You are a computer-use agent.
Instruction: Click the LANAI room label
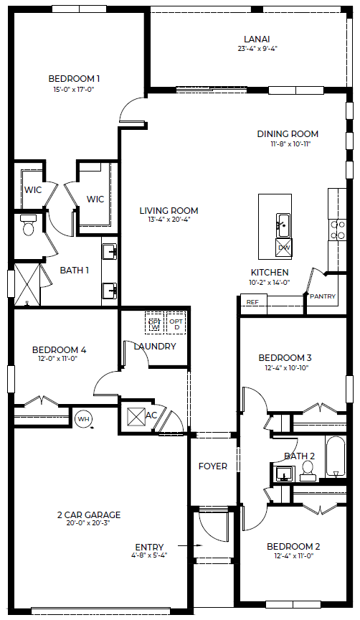pyautogui.click(x=257, y=39)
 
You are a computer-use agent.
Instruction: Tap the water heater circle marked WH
pyautogui.click(x=83, y=419)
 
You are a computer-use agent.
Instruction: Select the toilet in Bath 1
pyautogui.click(x=29, y=225)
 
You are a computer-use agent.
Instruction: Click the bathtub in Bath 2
pyautogui.click(x=335, y=456)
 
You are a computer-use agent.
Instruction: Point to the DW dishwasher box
pyautogui.click(x=284, y=248)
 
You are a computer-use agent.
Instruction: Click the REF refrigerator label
pyautogui.click(x=252, y=302)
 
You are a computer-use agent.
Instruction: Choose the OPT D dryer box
pyautogui.click(x=176, y=324)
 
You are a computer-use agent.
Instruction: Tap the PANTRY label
pyautogui.click(x=323, y=296)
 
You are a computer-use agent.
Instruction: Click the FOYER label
pyautogui.click(x=212, y=466)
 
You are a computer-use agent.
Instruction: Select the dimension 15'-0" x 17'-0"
pyautogui.click(x=74, y=90)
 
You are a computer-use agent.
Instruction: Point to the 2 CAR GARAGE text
pyautogui.click(x=89, y=515)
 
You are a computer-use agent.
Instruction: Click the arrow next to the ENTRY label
pyautogui.click(x=190, y=545)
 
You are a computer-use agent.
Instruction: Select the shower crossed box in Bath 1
pyautogui.click(x=27, y=285)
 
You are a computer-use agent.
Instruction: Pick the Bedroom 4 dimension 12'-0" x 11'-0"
pyautogui.click(x=59, y=359)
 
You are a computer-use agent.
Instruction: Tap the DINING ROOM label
pyautogui.click(x=288, y=134)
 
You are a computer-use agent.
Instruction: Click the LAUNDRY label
pyautogui.click(x=155, y=347)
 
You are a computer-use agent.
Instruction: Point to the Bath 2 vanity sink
pyautogui.click(x=284, y=473)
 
